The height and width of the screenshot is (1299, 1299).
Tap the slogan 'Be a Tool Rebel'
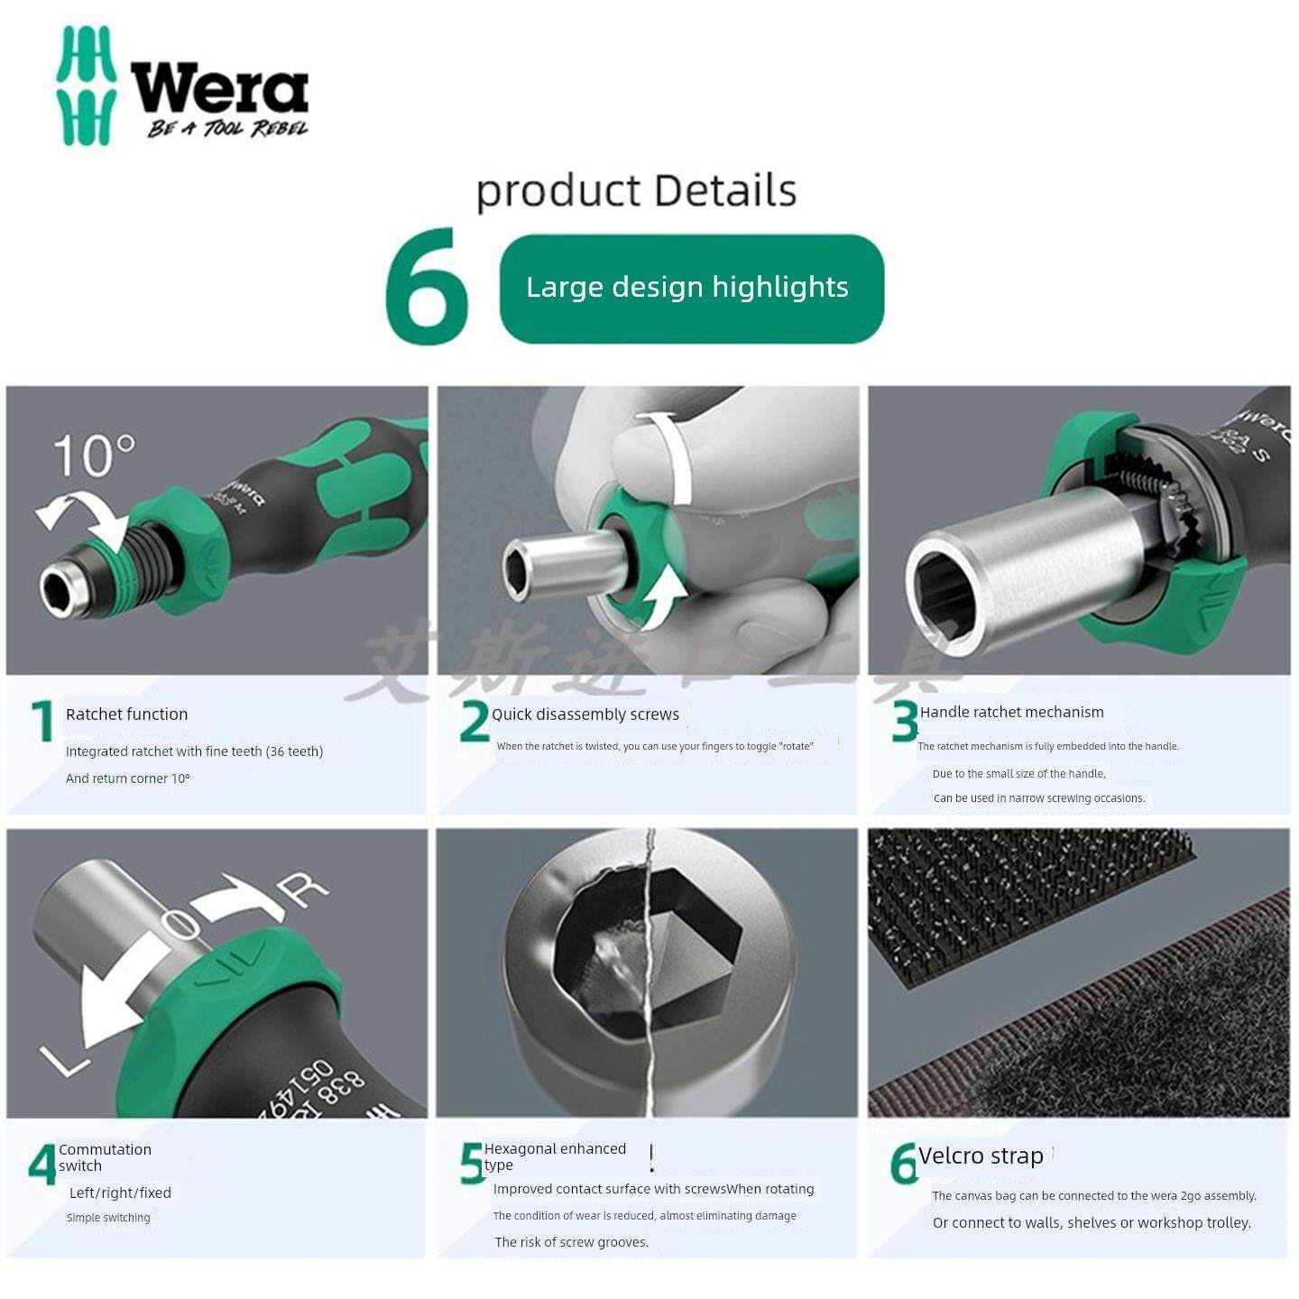(x=227, y=129)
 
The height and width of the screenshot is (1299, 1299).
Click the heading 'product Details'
(x=636, y=191)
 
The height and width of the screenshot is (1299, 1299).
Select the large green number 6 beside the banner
(x=427, y=287)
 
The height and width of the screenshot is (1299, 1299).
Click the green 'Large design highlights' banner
(x=691, y=288)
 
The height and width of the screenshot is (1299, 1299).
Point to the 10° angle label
(x=93, y=455)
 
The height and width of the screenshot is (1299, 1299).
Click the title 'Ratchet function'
(x=126, y=714)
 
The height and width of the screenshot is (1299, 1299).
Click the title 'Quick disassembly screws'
(x=585, y=714)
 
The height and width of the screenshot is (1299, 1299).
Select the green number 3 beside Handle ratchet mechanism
(x=903, y=722)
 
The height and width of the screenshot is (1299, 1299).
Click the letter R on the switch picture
(x=304, y=888)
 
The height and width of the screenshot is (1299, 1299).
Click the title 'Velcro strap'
(x=981, y=1156)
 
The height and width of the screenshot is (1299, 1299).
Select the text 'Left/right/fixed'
(x=120, y=1193)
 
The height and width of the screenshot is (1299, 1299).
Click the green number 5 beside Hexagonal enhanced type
(x=472, y=1163)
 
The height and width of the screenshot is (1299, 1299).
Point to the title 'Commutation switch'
(x=105, y=1157)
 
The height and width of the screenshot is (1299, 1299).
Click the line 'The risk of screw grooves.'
(x=571, y=1242)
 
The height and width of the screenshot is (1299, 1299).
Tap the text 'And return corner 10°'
(x=127, y=778)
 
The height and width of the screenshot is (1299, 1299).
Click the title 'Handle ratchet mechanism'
(x=1011, y=712)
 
